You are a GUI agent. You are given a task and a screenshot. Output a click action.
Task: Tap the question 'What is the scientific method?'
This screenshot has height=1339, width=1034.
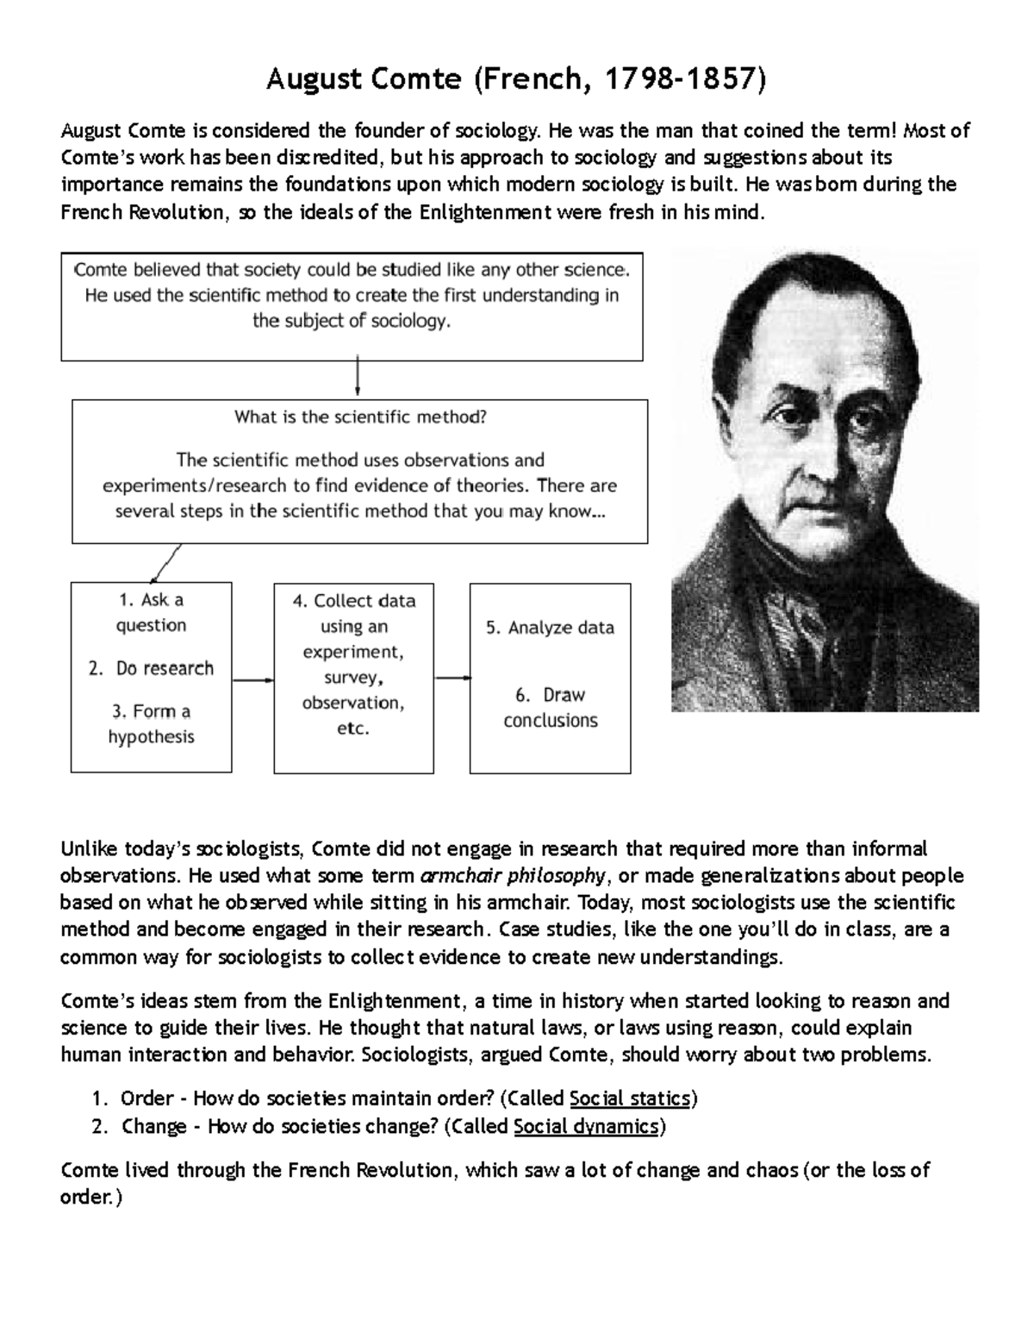click(x=360, y=417)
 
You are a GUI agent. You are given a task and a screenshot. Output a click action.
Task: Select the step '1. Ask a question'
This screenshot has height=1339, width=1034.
click(x=151, y=612)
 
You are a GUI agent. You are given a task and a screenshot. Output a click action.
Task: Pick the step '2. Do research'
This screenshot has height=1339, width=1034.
click(x=152, y=668)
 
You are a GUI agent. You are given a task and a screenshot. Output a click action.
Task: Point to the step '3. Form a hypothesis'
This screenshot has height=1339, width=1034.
click(x=151, y=723)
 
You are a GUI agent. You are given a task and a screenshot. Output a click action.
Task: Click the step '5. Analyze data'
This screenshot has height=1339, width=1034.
click(x=550, y=628)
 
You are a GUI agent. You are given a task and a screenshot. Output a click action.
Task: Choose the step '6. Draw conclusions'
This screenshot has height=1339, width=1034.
click(x=550, y=707)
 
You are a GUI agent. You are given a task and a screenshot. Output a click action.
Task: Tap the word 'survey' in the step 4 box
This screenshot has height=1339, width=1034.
click(x=352, y=678)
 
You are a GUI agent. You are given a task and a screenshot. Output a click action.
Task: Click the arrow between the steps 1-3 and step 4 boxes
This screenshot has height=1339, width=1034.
click(x=252, y=679)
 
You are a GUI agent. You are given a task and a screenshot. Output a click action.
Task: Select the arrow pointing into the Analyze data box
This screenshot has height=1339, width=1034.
click(x=452, y=678)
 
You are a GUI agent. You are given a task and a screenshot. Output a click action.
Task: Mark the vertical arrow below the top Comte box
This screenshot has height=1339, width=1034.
click(x=357, y=378)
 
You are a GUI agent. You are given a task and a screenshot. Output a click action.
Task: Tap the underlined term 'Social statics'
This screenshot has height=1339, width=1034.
click(x=630, y=1098)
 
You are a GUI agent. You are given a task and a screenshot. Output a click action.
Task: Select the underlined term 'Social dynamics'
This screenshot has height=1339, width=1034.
click(x=586, y=1126)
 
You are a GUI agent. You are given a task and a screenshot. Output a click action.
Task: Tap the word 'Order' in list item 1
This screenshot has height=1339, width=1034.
click(x=146, y=1098)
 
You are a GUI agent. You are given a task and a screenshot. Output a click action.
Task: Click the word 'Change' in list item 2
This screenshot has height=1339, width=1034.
click(x=154, y=1126)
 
